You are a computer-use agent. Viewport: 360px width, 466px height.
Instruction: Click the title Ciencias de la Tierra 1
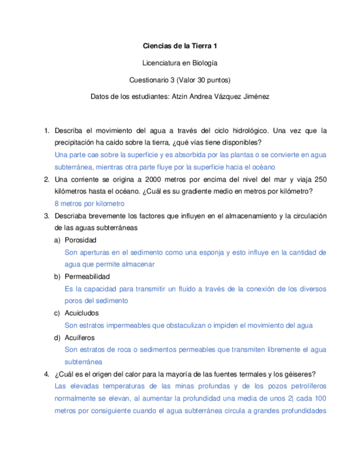180,47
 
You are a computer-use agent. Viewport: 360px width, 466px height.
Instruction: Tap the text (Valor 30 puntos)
200,80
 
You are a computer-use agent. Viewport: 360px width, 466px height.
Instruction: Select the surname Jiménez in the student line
254,96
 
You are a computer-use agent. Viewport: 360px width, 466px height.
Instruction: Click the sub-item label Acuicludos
82,313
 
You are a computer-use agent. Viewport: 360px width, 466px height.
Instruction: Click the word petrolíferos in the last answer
304,386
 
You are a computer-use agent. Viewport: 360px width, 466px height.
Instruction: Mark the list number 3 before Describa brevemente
47,215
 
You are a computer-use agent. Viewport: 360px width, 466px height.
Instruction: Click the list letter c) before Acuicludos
57,313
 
